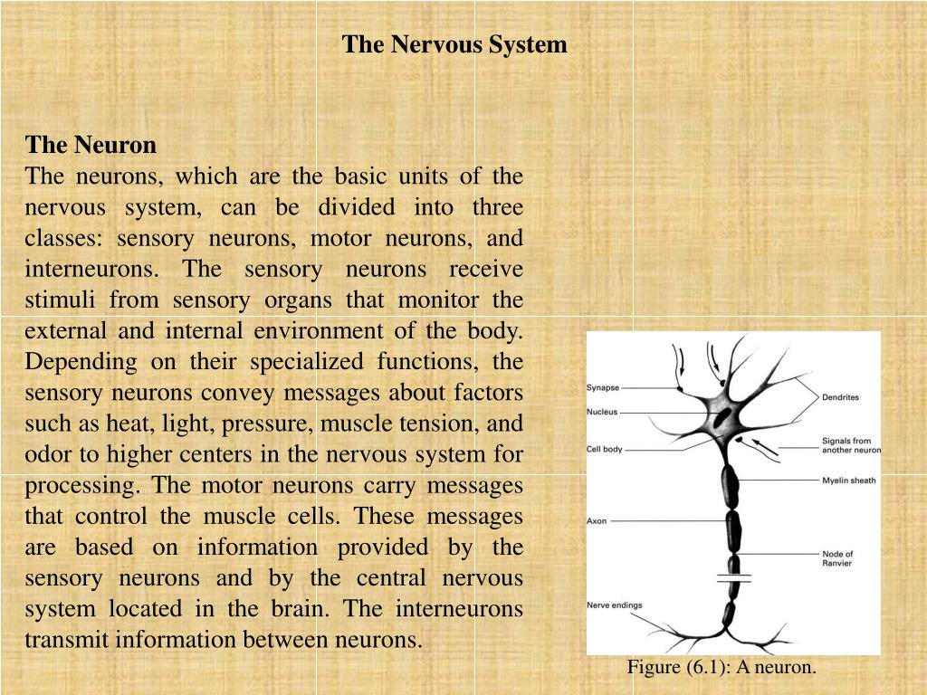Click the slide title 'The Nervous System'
[454, 44]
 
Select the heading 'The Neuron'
[91, 145]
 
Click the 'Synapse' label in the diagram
[603, 388]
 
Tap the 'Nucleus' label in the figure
[602, 412]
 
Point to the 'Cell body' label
[605, 449]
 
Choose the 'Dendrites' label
[840, 397]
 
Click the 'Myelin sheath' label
[848, 481]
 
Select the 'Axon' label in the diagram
[597, 521]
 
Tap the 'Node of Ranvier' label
[837, 558]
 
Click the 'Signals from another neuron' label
[850, 445]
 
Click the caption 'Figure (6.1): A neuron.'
[722, 668]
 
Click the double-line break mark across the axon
[734, 576]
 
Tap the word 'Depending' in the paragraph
[69, 362]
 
